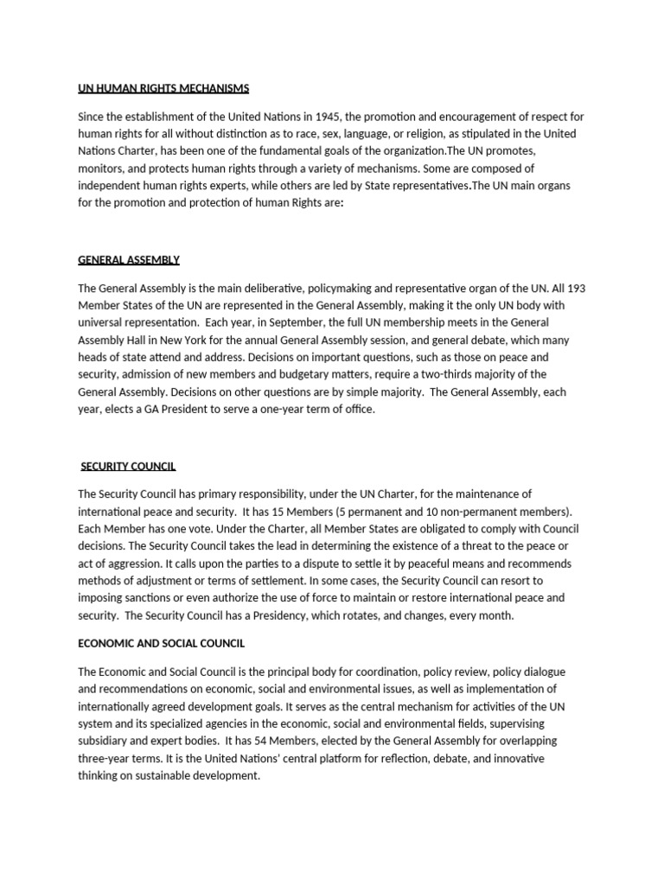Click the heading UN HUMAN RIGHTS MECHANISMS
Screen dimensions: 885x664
point(163,88)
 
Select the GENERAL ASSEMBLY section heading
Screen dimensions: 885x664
point(129,259)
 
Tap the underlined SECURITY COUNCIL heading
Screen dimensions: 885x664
point(128,466)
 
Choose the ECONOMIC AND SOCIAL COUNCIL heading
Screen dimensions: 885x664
point(162,643)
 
